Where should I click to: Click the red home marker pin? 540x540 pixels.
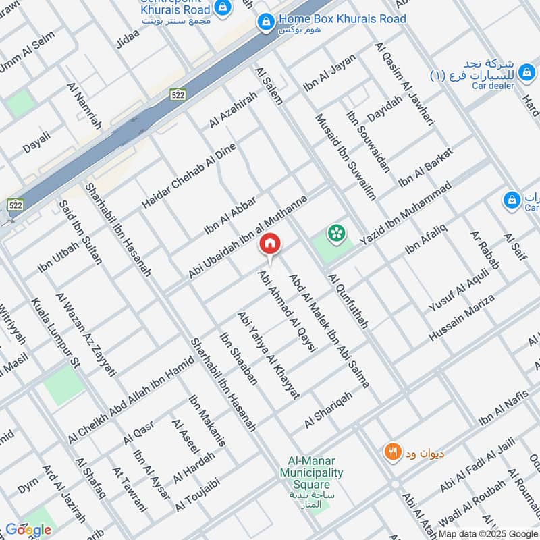270,243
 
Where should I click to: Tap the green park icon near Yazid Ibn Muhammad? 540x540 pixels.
334,234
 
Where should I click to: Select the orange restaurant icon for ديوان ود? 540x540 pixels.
391,452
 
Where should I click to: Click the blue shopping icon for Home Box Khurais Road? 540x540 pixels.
267,23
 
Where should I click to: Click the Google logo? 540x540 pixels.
28,530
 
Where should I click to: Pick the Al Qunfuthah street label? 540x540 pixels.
348,300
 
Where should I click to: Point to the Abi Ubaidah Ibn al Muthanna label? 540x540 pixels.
248,236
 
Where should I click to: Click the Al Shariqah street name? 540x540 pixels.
328,410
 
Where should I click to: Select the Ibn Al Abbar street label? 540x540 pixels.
230,215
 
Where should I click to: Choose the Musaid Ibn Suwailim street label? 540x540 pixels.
346,157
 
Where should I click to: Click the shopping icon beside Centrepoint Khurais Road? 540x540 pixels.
223,8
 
